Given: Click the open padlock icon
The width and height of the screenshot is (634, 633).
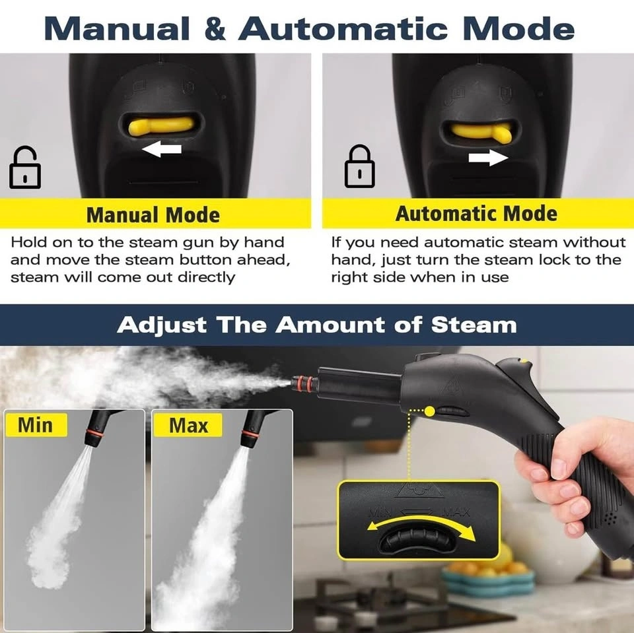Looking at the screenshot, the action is [x=24, y=168].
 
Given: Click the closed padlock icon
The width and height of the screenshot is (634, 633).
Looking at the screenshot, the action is [x=359, y=166].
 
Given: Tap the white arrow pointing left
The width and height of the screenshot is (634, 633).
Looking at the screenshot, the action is [x=162, y=149].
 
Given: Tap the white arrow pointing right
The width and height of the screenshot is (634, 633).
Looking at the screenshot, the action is [x=488, y=157].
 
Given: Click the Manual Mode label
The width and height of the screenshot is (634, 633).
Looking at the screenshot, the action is [x=153, y=215].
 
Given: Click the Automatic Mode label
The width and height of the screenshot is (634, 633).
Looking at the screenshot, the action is [x=476, y=213].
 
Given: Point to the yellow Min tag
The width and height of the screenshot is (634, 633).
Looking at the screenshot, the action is [x=36, y=425].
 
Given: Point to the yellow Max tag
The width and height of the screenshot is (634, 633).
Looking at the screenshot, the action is [x=188, y=425].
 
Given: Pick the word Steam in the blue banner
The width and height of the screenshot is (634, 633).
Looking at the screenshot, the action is [x=474, y=325].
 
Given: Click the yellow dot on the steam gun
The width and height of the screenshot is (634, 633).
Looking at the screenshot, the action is [x=430, y=411].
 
